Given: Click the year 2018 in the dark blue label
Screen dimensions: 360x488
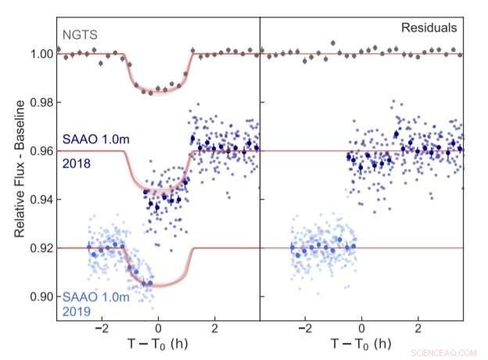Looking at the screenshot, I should pyautogui.click(x=74, y=163).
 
